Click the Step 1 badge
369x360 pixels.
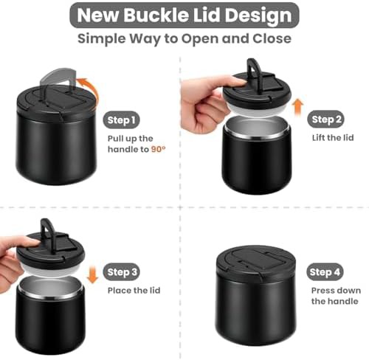pos(121,120)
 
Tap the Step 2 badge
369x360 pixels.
pos(325,120)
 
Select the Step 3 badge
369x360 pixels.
pos(121,272)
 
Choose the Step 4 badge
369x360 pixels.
pos(325,272)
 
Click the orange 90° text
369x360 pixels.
pos(158,149)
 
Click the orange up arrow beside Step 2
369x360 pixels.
pos(297,107)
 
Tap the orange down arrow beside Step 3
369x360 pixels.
pos(92,274)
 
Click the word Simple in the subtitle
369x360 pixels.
pos(102,39)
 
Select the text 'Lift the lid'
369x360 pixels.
pos(333,138)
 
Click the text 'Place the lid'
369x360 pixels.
pos(134,291)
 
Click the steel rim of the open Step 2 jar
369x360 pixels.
pos(256,135)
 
